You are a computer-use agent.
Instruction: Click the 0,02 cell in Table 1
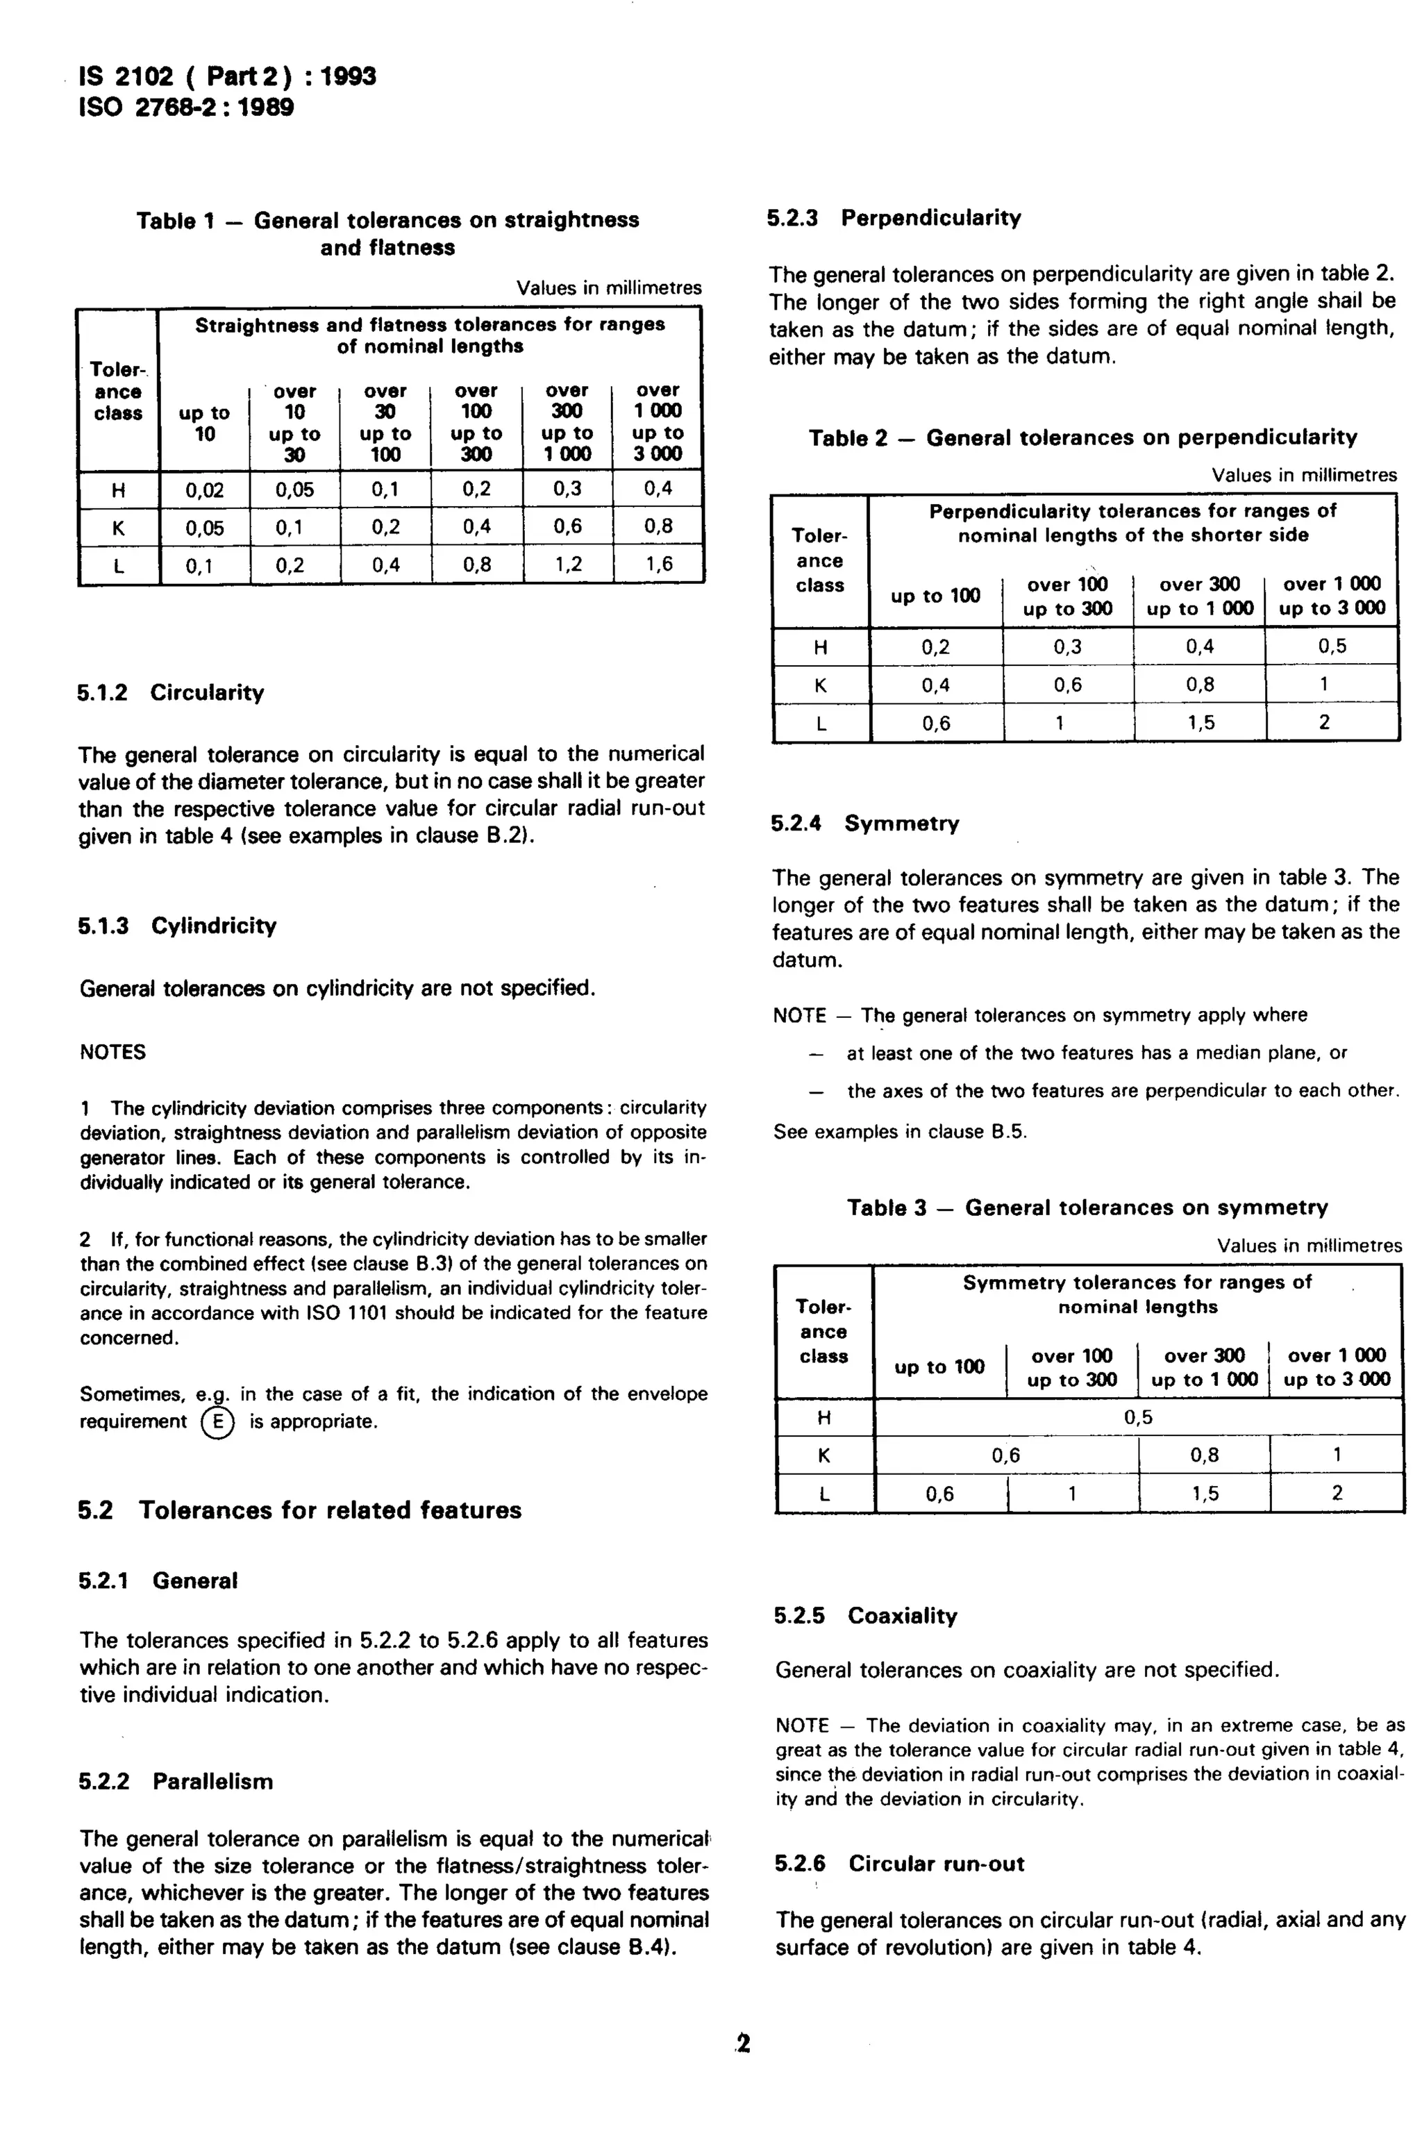[x=204, y=490]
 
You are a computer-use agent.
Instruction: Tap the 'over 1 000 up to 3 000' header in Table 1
[x=658, y=422]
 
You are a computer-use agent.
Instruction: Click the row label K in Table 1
[x=118, y=528]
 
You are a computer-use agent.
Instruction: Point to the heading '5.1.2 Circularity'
[x=171, y=693]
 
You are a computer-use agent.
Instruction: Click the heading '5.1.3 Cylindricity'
[x=177, y=926]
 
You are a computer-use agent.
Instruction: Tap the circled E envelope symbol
[x=217, y=1421]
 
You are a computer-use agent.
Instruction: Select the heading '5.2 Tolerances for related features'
[x=299, y=1510]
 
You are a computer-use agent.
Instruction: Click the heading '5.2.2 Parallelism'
[x=175, y=1782]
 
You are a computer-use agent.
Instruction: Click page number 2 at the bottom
[x=744, y=2044]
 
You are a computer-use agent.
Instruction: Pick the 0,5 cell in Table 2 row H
[x=1331, y=646]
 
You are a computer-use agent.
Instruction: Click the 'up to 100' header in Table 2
[x=935, y=596]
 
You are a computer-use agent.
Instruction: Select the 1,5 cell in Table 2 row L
[x=1200, y=723]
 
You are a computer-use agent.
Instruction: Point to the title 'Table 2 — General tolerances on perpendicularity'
[x=1083, y=438]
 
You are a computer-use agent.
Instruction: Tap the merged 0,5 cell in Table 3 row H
[x=1137, y=1417]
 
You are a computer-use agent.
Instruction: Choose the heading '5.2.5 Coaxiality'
[x=865, y=1616]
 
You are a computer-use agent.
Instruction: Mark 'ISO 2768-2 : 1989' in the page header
[x=187, y=108]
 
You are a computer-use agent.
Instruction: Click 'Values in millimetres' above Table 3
[x=1309, y=1246]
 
